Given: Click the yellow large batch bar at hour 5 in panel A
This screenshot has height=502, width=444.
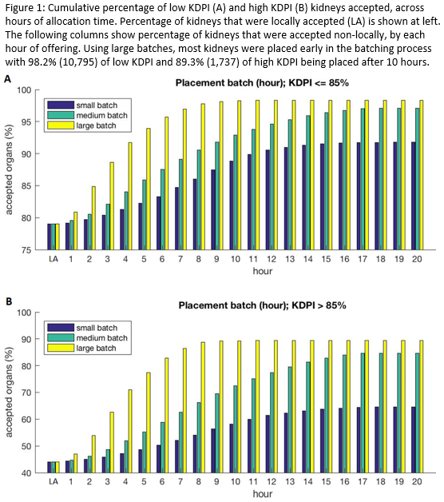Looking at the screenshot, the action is click(x=149, y=189).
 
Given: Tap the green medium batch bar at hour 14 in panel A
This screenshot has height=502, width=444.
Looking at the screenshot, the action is click(x=308, y=182).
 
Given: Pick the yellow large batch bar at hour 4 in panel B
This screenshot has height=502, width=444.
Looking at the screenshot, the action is click(x=130, y=431).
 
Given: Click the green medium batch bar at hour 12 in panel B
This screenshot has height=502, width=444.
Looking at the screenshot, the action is click(x=272, y=423).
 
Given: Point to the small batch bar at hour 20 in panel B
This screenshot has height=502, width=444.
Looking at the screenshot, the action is click(x=414, y=440).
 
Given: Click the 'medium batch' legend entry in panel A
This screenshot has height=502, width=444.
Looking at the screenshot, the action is click(x=87, y=115).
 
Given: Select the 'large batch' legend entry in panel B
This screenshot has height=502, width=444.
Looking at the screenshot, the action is click(x=82, y=348).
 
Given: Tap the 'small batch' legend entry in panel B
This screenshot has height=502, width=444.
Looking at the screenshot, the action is click(x=82, y=328).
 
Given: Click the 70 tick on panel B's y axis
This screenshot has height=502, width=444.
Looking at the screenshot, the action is click(x=26, y=392).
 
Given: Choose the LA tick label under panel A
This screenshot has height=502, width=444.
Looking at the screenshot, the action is click(x=54, y=259).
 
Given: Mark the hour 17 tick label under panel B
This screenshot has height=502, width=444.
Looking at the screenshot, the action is click(x=363, y=481).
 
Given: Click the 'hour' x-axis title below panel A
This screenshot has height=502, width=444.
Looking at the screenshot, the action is click(x=263, y=271).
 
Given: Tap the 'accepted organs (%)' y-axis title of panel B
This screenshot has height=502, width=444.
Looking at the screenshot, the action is click(x=9, y=392).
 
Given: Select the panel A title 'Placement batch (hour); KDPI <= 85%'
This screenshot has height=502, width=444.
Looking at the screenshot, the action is click(x=262, y=83).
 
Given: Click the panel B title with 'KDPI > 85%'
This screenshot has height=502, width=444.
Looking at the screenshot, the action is click(x=262, y=305).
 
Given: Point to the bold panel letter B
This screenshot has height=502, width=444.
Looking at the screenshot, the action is click(x=9, y=301).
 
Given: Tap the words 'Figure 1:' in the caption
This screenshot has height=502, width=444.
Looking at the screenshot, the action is click(x=25, y=9).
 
